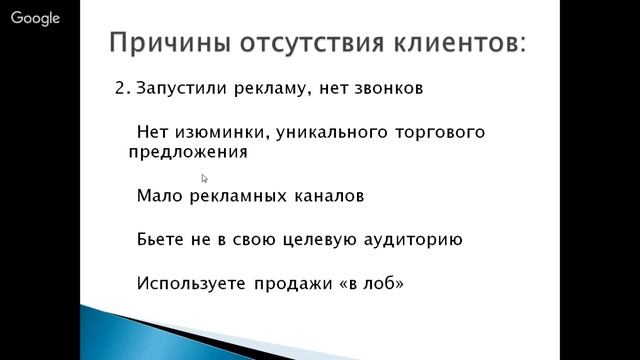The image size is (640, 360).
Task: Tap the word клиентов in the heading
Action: pyautogui.click(x=461, y=45)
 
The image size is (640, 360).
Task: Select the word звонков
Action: pyautogui.click(x=383, y=88)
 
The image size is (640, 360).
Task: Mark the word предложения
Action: pyautogui.click(x=187, y=154)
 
